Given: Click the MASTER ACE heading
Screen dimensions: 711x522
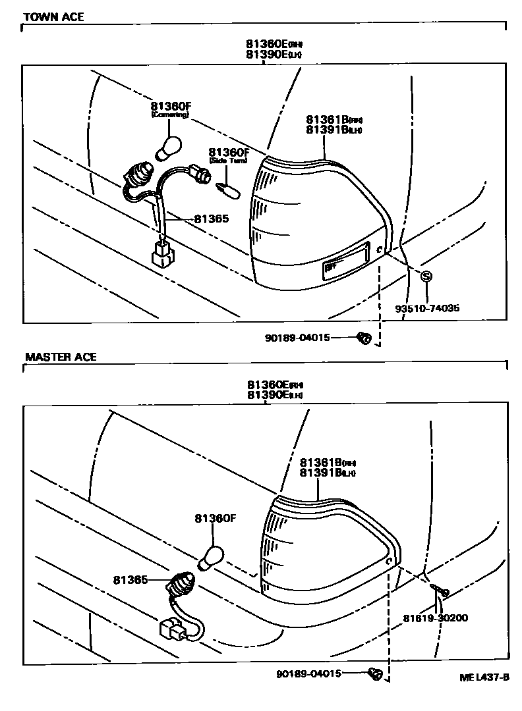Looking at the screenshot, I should (x=61, y=357).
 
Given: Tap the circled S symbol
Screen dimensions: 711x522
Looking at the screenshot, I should (x=426, y=276).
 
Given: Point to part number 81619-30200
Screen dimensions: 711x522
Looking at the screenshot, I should (x=436, y=618).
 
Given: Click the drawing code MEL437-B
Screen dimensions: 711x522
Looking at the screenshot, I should (x=484, y=677).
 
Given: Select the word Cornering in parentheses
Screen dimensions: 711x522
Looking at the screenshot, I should (x=169, y=115).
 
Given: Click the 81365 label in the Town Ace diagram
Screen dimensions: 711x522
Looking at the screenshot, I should (x=211, y=218).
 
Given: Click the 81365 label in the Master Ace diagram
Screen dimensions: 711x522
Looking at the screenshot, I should (x=130, y=579).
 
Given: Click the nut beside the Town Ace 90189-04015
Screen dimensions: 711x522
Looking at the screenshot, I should (x=362, y=338).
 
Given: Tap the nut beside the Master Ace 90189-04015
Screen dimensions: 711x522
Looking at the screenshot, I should (x=375, y=673).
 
